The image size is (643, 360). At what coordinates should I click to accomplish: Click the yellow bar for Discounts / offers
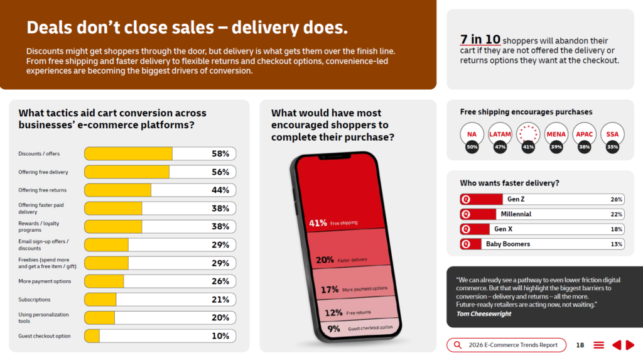coord(128,153)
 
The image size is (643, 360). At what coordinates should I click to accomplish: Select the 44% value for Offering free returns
coord(220,190)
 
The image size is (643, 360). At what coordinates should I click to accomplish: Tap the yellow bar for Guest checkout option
coord(92,335)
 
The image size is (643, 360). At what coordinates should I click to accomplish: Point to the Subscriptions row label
coord(35,300)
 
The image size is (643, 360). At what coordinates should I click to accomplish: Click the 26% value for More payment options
coord(220,281)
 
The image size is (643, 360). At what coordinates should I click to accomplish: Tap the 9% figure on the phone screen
coord(333,329)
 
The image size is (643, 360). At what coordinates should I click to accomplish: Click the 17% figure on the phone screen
coord(329,290)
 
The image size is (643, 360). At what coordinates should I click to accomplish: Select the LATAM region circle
coord(500,134)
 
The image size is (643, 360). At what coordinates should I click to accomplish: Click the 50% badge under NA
coord(472,147)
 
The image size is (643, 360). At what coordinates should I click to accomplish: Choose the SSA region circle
coord(612,134)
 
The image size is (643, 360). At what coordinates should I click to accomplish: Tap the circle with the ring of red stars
coord(527,134)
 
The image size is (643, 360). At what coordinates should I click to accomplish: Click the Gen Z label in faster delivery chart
coord(516,199)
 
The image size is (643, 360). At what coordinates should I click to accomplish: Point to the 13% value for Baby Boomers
coord(617,244)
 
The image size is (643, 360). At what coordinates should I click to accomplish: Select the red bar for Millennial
coord(478,214)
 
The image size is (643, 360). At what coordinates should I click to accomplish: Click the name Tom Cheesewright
coord(484,314)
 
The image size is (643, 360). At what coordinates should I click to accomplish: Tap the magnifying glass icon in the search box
coord(458,345)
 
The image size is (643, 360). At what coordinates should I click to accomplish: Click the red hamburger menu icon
coord(598,345)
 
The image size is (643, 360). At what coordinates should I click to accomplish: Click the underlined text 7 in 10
coord(480,40)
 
